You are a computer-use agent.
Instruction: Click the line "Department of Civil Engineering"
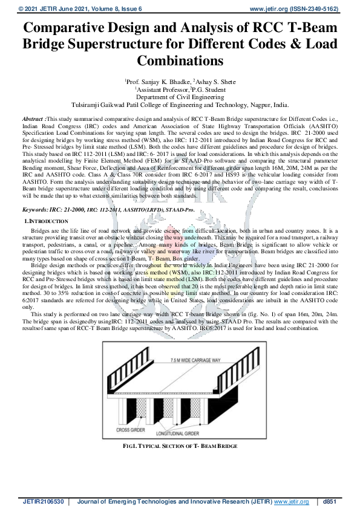click(x=180, y=96)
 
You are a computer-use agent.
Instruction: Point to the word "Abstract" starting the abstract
click(x=32, y=120)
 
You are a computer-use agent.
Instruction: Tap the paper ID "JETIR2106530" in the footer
click(x=42, y=501)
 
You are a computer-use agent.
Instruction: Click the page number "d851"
click(x=330, y=501)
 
